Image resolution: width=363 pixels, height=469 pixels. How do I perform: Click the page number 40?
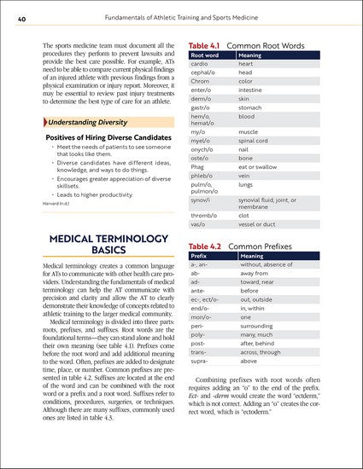pos(11,10)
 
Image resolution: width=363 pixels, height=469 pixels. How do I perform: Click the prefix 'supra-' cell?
pos(202,360)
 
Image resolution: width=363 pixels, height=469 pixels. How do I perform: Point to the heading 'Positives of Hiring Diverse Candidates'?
pos(101,139)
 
